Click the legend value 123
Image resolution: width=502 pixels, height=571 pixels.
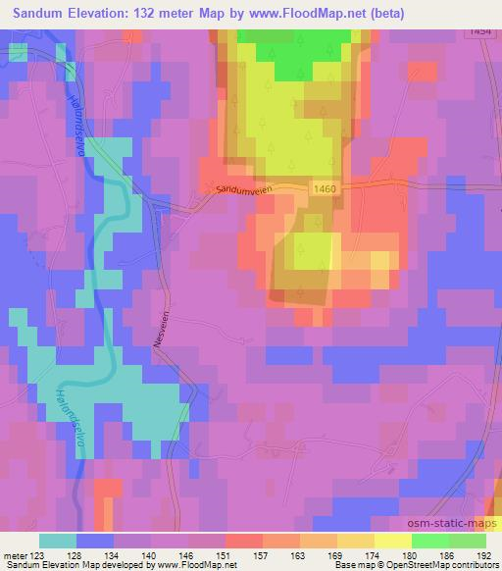39,554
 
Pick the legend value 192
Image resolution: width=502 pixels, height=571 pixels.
484,554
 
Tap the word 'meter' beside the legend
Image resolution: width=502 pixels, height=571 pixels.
15,554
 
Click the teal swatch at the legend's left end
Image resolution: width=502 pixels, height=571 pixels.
58,541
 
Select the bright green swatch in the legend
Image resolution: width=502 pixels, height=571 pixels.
429,541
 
